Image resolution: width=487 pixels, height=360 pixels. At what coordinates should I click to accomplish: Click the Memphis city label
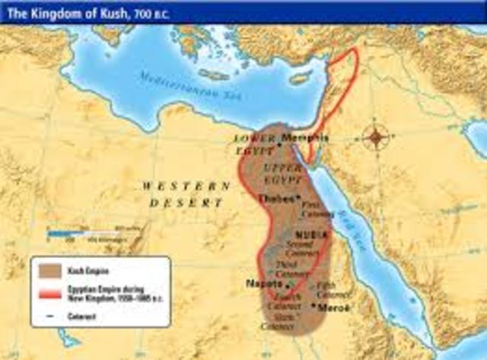304,138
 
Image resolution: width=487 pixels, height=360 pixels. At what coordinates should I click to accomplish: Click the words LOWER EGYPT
256,145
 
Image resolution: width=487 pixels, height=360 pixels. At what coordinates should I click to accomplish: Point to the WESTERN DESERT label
186,195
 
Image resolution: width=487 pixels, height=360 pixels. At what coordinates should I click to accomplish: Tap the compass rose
376,138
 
